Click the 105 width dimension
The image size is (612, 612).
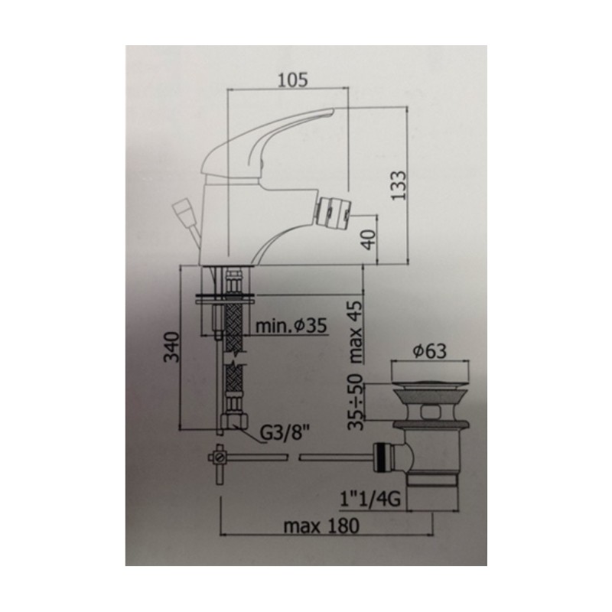click(x=292, y=80)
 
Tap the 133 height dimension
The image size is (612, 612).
click(x=399, y=185)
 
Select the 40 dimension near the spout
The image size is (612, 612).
click(x=369, y=239)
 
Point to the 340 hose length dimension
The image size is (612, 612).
click(x=171, y=347)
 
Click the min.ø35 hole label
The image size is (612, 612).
click(x=291, y=326)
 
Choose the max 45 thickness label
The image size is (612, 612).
click(x=356, y=332)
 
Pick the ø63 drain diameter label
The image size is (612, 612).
click(x=429, y=351)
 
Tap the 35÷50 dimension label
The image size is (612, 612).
click(x=356, y=402)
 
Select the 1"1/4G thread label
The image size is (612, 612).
click(x=371, y=500)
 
